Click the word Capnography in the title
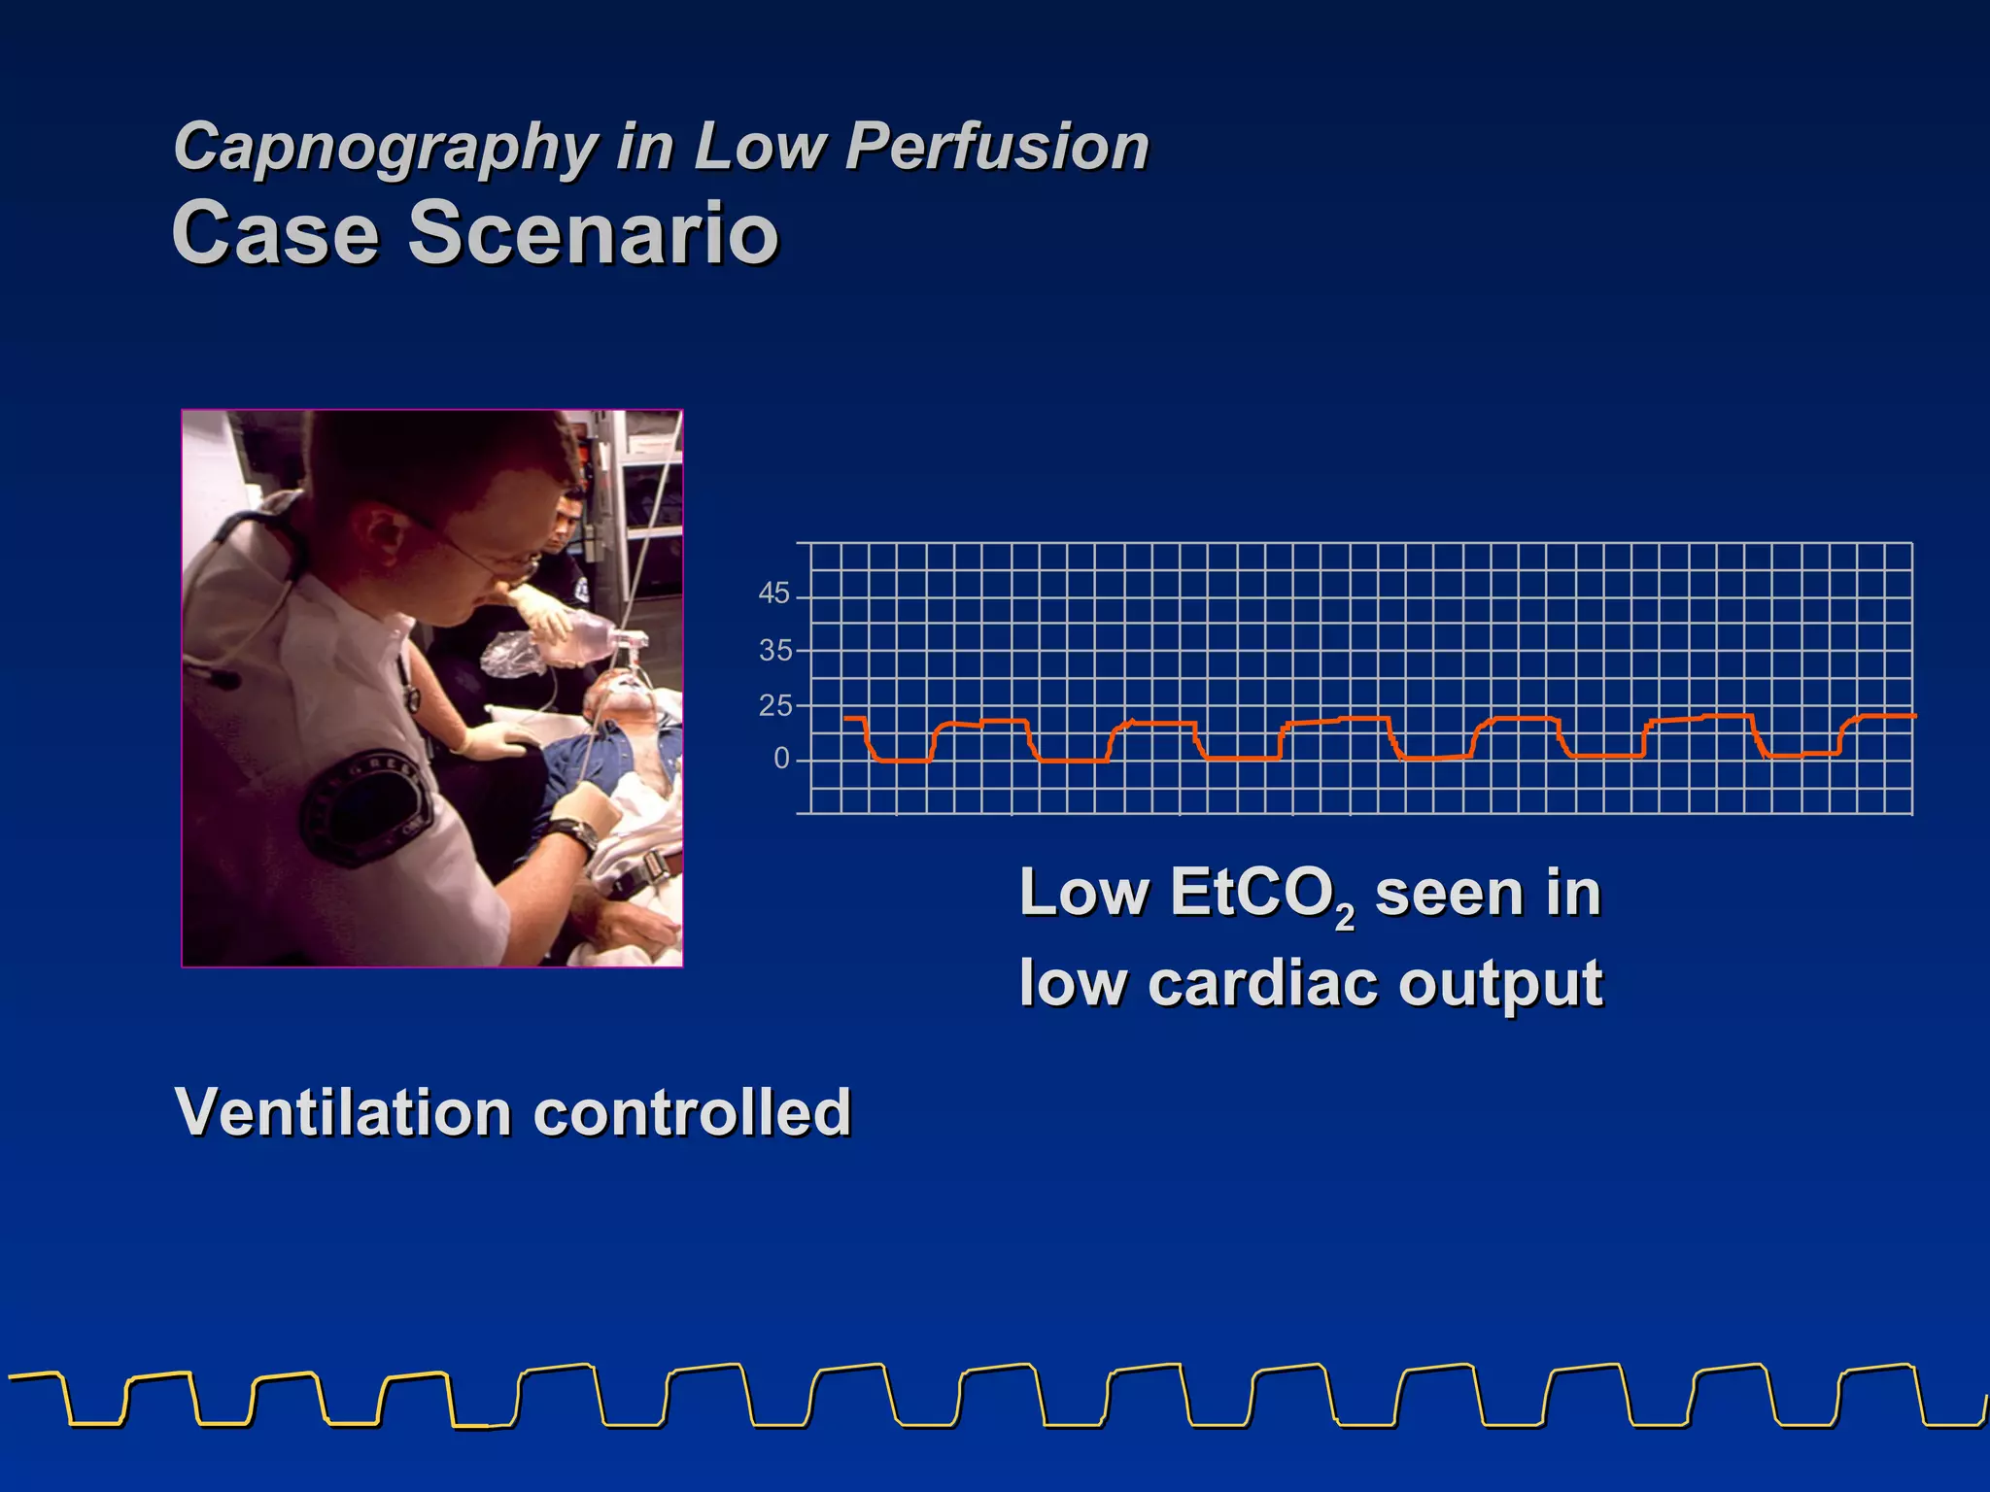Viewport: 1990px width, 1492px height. (385, 148)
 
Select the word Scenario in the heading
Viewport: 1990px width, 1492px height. (593, 233)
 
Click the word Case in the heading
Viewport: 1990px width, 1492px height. (275, 233)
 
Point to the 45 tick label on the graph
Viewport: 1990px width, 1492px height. (773, 593)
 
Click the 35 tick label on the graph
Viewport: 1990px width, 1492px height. (774, 650)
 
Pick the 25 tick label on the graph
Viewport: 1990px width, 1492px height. (774, 706)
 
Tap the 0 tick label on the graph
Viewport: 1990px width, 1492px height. (781, 759)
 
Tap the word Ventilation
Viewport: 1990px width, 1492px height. (342, 1112)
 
